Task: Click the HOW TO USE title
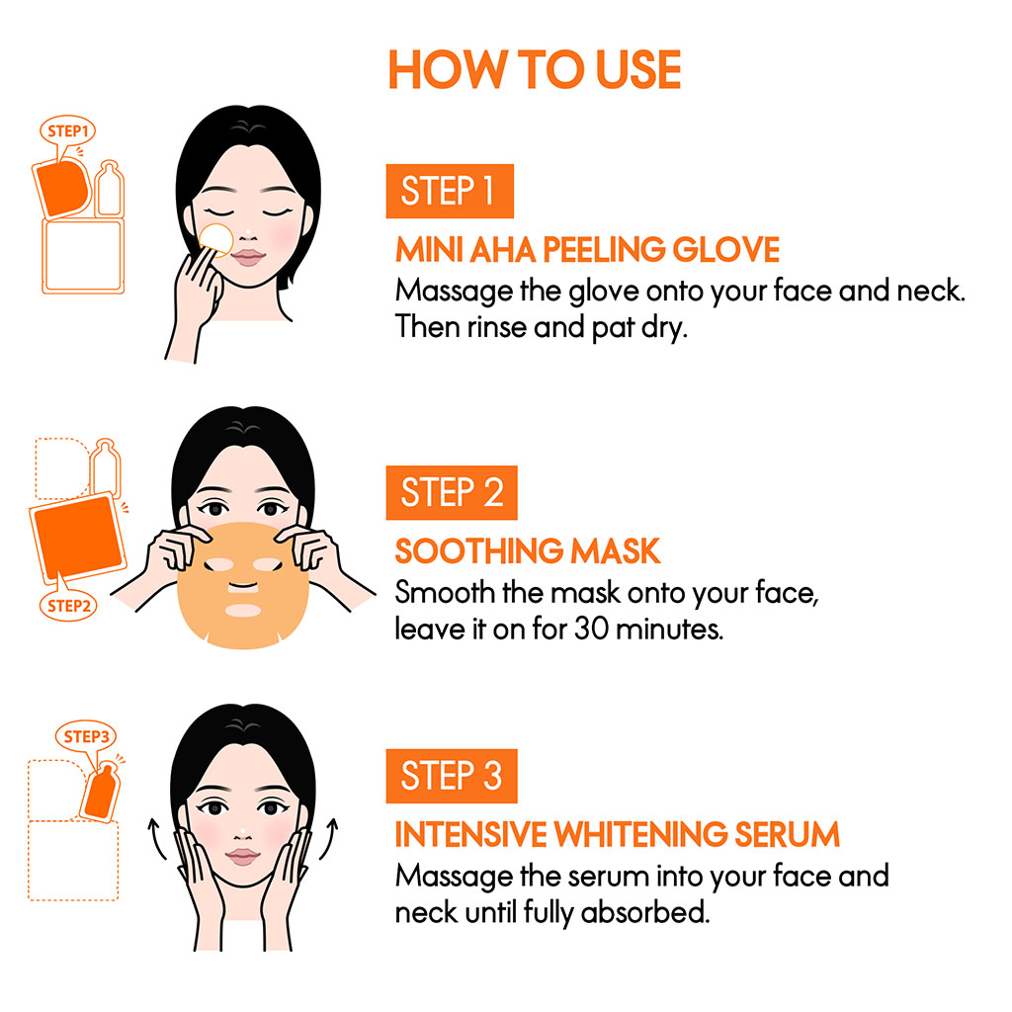[535, 69]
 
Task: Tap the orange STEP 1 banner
[449, 191]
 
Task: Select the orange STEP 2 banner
[451, 492]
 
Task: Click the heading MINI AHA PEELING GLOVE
[587, 249]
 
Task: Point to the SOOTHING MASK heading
[527, 550]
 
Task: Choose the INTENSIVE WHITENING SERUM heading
[617, 834]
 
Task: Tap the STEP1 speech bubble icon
[67, 130]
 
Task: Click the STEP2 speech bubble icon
[68, 605]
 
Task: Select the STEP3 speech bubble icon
[84, 735]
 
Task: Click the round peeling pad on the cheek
[214, 239]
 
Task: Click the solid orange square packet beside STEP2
[76, 539]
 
